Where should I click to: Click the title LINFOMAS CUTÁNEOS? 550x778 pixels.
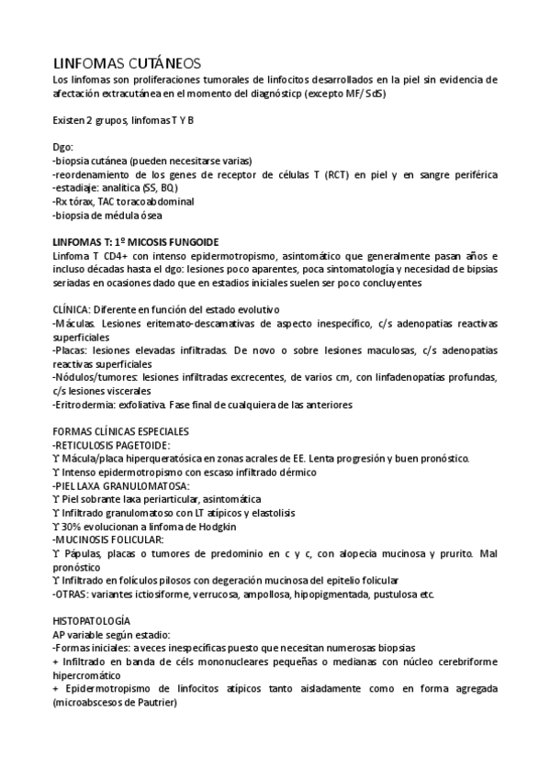click(x=124, y=62)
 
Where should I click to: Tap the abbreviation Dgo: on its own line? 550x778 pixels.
click(x=63, y=147)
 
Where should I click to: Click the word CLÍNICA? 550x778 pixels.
click(x=73, y=310)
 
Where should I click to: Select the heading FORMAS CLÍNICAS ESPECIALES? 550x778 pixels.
click(x=122, y=431)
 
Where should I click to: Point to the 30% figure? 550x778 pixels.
click(x=73, y=527)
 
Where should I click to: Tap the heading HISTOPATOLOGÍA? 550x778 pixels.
click(x=98, y=620)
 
